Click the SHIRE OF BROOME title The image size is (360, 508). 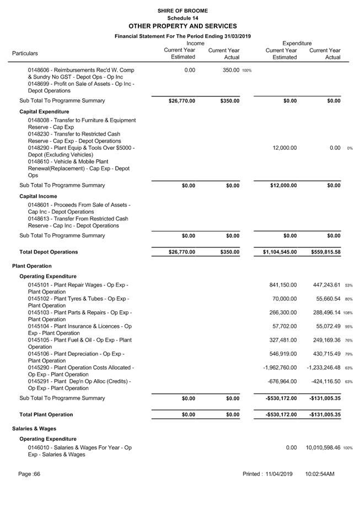pyautogui.click(x=182, y=10)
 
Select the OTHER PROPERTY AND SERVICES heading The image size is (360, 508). pyautogui.click(x=182, y=26)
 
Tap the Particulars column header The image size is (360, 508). pyautogui.click(x=25, y=53)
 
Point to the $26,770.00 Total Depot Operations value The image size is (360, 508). pyautogui.click(x=182, y=252)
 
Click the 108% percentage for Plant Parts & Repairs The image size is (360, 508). pyautogui.click(x=348, y=313)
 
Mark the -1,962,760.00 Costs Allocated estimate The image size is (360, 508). pyautogui.click(x=280, y=368)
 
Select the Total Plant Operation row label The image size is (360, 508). pyautogui.click(x=49, y=415)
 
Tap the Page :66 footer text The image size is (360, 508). pyautogui.click(x=29, y=474)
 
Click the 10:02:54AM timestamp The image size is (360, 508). pyautogui.click(x=320, y=474)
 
